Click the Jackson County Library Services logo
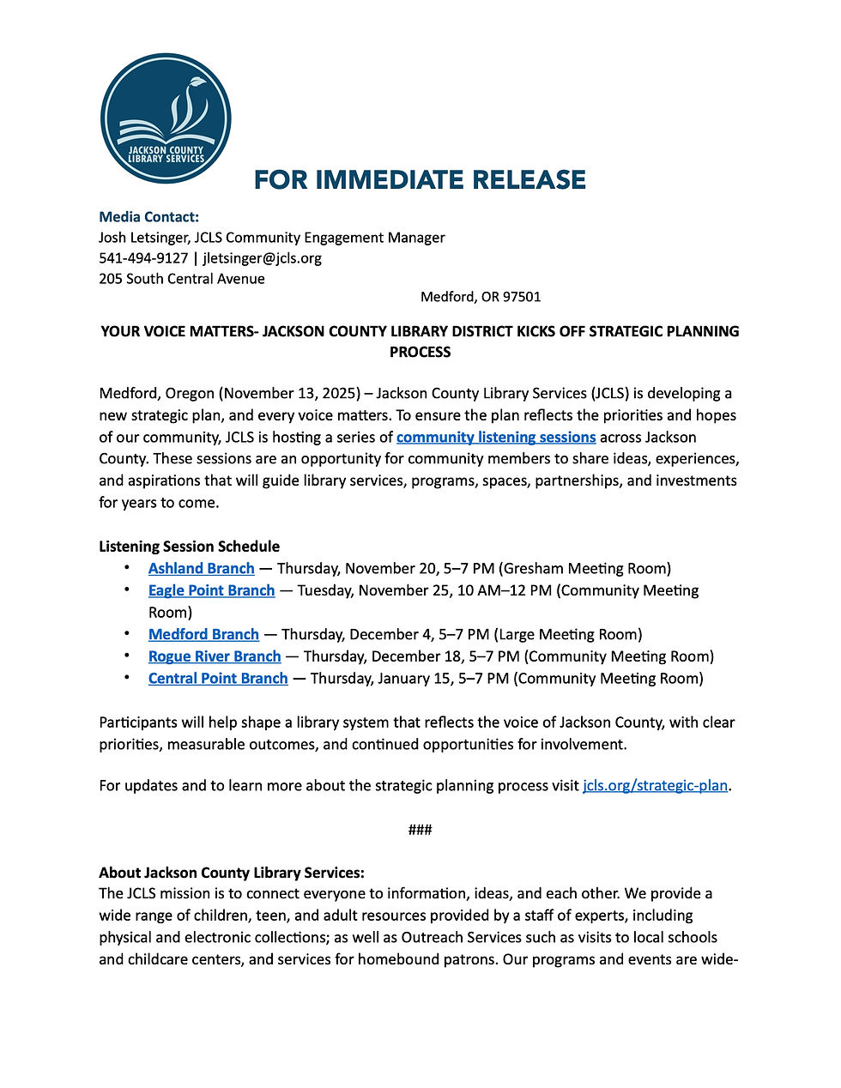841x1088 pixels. point(166,118)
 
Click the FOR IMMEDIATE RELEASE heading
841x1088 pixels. point(420,180)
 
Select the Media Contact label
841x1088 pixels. point(148,217)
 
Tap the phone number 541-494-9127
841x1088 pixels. point(143,258)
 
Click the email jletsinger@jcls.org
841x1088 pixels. point(263,258)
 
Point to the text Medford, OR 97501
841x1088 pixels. point(481,297)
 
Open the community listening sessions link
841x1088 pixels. point(495,438)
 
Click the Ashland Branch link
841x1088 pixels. point(201,569)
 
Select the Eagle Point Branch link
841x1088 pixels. point(211,590)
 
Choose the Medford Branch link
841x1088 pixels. point(203,635)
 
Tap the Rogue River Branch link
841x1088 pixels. point(215,656)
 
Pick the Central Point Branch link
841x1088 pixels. point(218,679)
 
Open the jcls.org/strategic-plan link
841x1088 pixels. point(655,786)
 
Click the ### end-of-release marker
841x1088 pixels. point(420,830)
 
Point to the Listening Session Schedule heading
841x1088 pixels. point(189,547)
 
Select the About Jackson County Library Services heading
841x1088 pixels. point(232,873)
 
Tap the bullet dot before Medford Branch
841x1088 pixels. point(127,634)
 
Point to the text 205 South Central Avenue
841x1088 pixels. point(182,279)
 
